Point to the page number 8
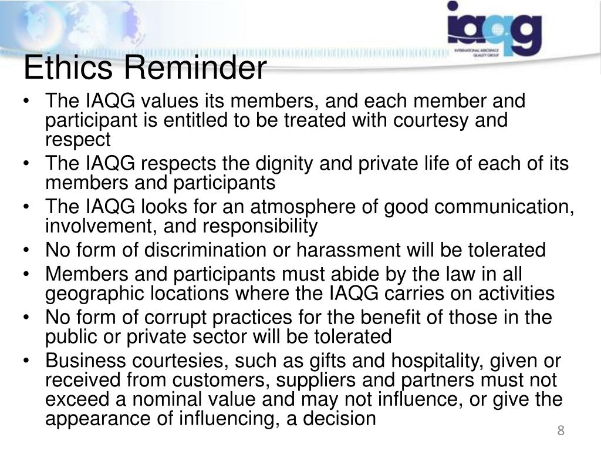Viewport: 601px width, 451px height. (561, 431)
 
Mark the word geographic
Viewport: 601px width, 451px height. (94, 293)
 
